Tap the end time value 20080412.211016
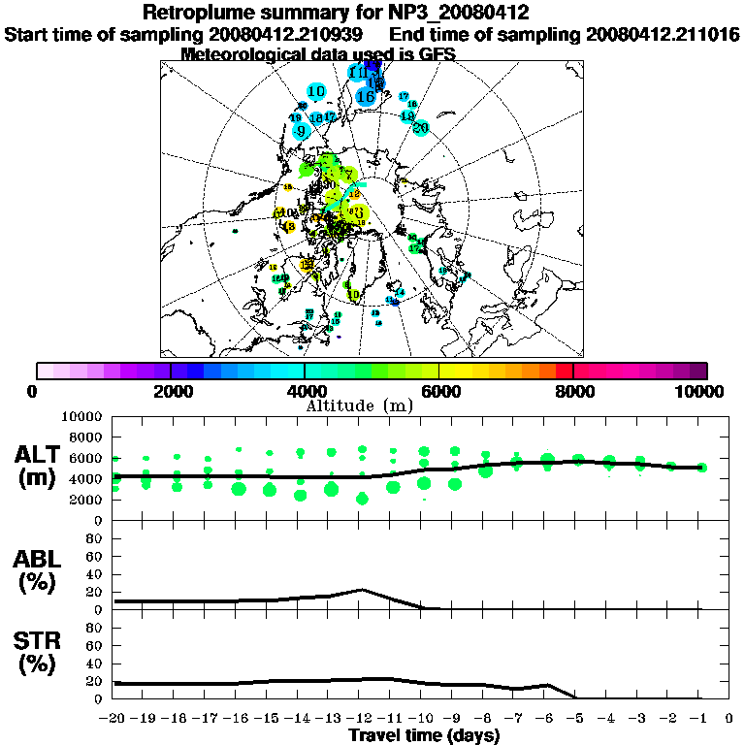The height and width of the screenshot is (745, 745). click(x=664, y=34)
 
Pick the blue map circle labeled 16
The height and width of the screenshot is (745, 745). click(x=366, y=96)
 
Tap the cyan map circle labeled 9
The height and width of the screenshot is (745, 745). click(x=301, y=131)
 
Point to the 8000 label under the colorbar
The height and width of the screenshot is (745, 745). click(x=574, y=391)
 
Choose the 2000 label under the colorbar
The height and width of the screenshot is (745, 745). click(x=171, y=391)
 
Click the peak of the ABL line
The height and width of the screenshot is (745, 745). click(x=362, y=589)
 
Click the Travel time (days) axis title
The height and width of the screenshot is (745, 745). click(x=424, y=735)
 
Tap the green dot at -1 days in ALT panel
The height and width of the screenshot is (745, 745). click(x=701, y=467)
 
